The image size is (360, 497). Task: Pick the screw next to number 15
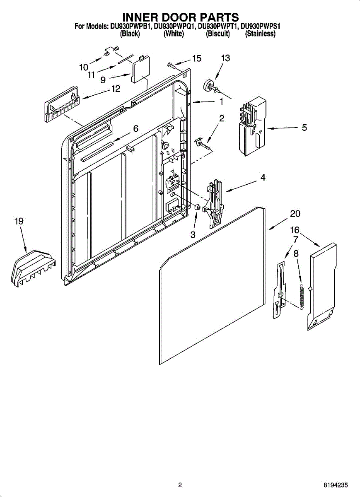pos(171,64)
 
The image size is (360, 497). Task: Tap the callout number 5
pos(304,128)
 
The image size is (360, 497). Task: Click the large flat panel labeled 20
pos(211,290)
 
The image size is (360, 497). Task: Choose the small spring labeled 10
pos(108,53)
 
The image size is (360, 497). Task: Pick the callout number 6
pos(135,129)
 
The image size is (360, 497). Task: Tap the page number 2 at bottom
pos(180,485)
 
